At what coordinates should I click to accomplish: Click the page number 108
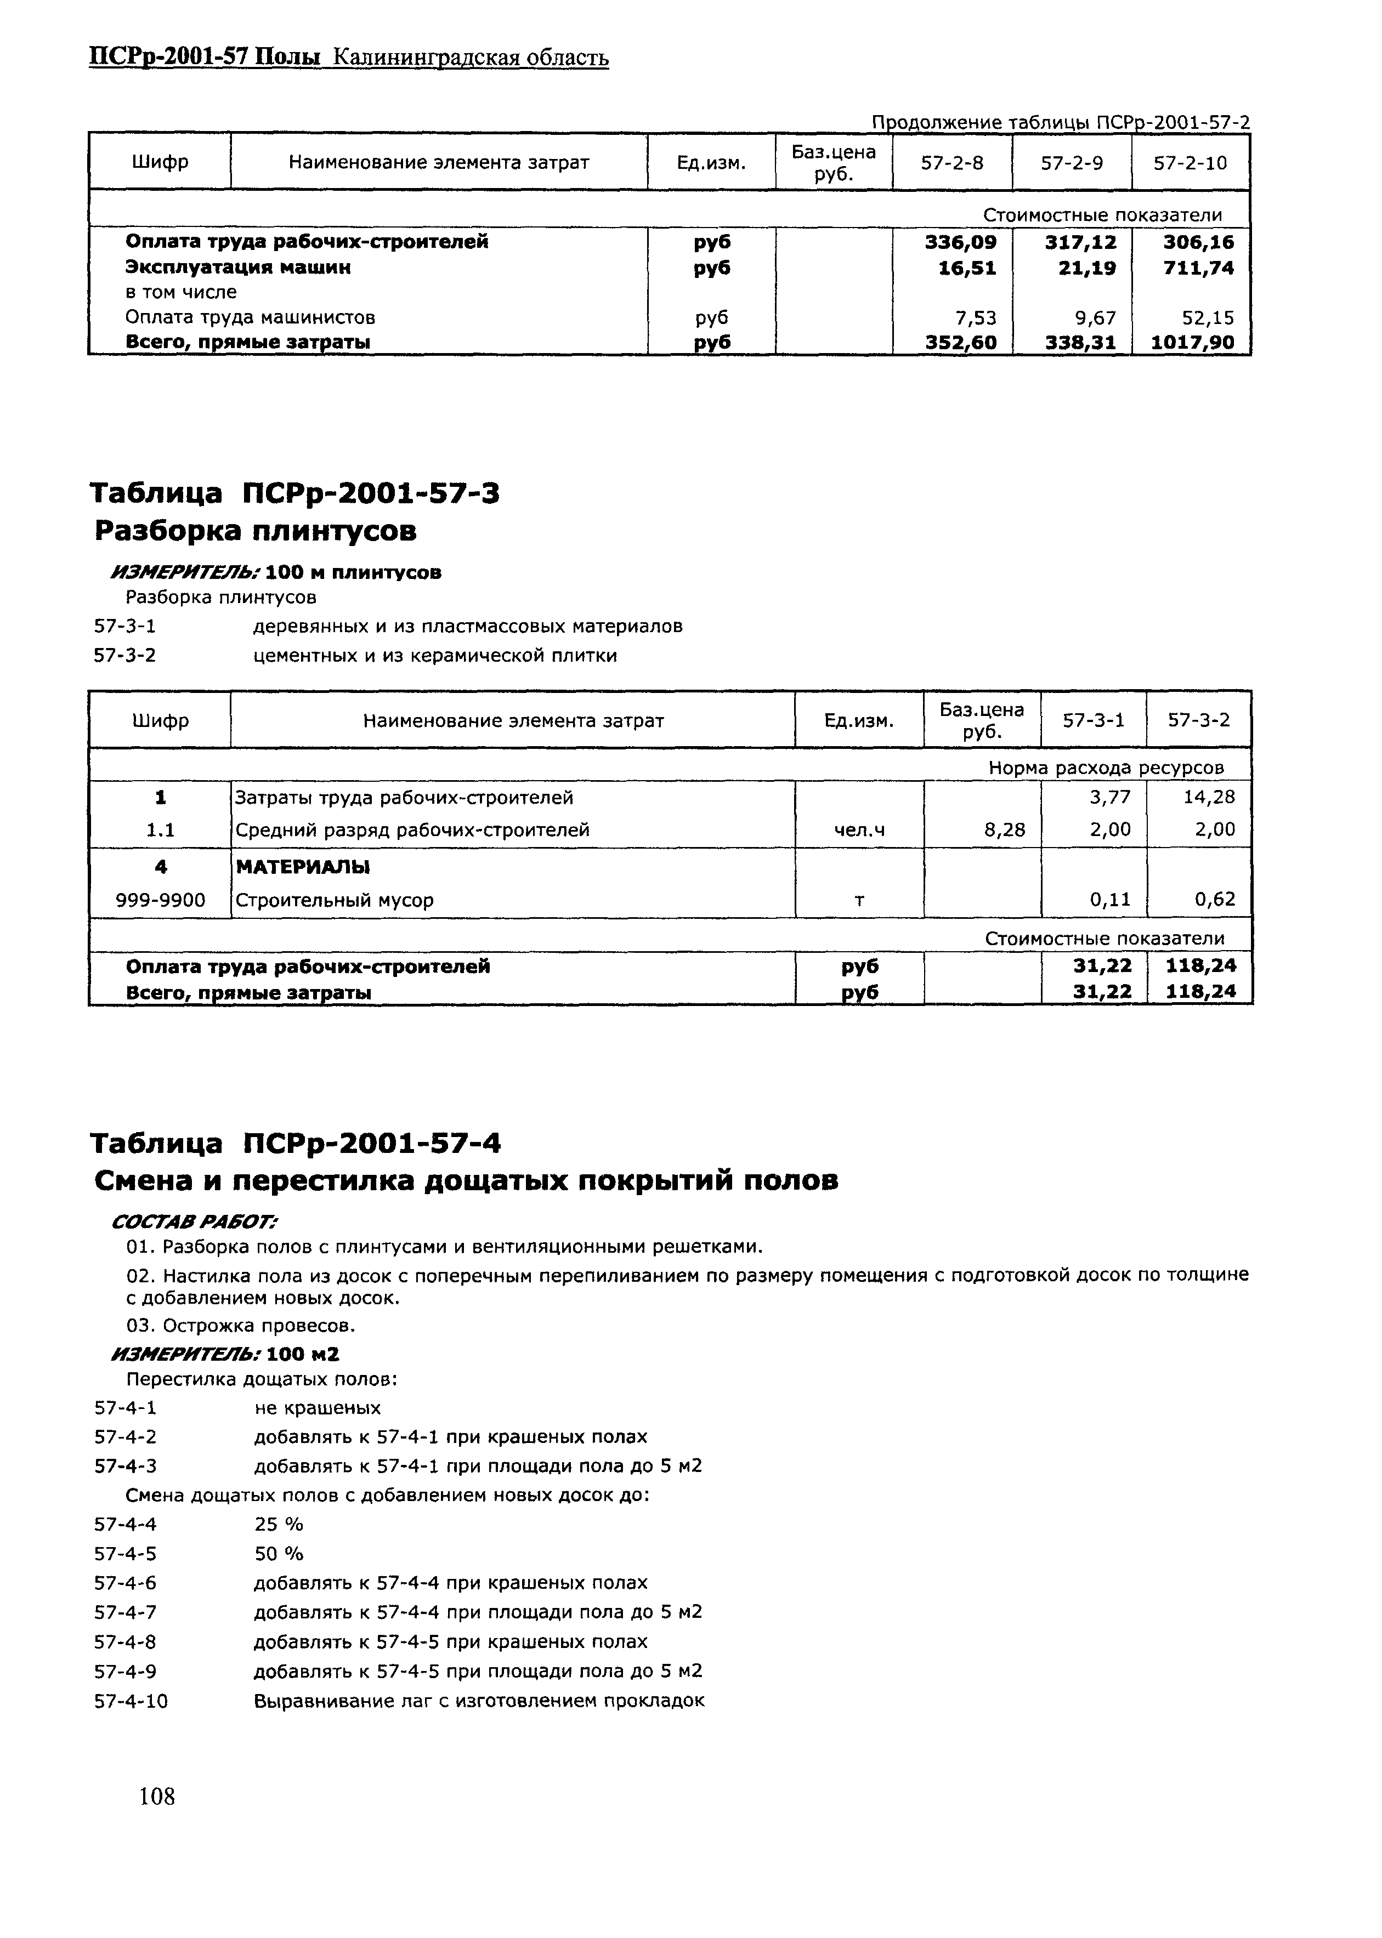pos(157,1796)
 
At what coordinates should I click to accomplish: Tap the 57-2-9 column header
pos(1072,162)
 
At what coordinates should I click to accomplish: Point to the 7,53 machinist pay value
pos(975,318)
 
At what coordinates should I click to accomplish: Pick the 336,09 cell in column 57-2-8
pos(961,242)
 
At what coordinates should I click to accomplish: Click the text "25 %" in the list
pos(278,1524)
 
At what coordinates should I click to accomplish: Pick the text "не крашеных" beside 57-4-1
pos(318,1408)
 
